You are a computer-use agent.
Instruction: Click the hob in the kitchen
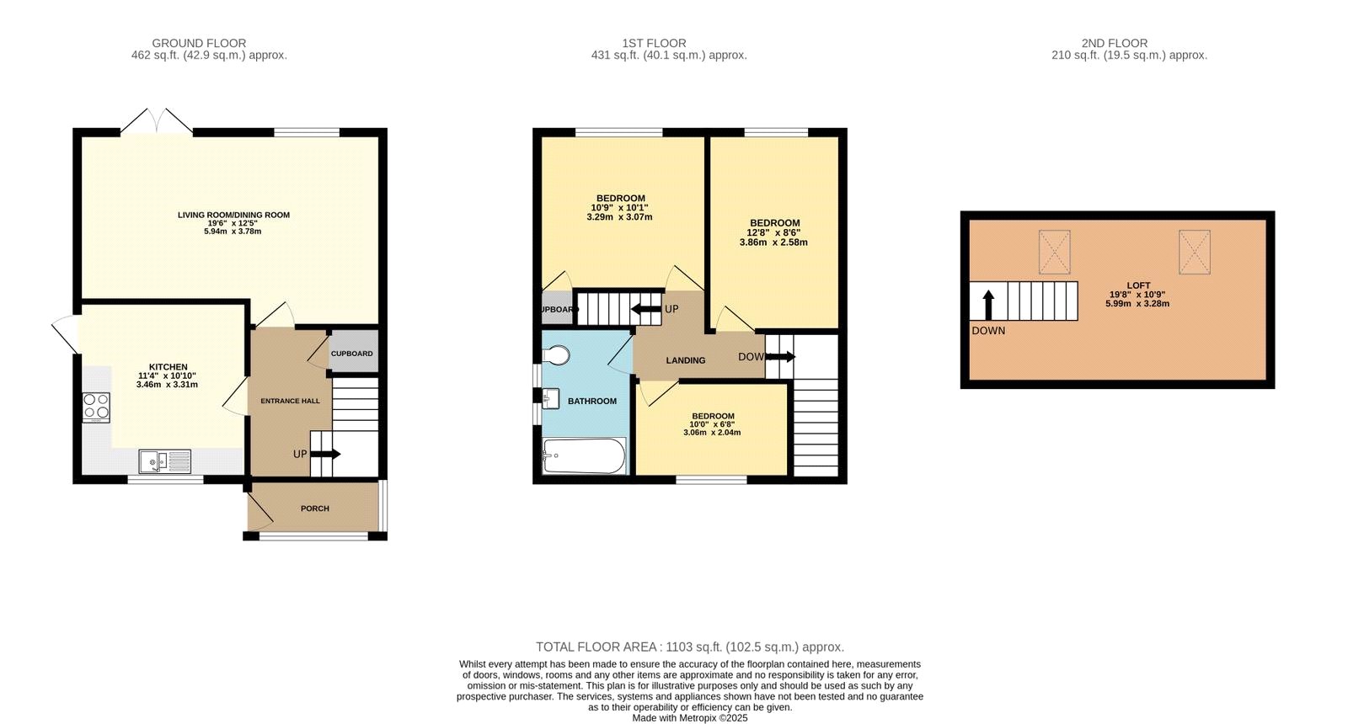(x=96, y=407)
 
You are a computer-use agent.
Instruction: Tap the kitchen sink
(x=164, y=460)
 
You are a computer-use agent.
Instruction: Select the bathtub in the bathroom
(x=584, y=456)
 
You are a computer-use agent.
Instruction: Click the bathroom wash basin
(x=550, y=397)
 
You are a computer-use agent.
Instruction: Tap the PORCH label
(x=315, y=508)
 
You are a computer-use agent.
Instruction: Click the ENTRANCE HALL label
(x=290, y=401)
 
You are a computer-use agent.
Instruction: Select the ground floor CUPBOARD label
(x=351, y=354)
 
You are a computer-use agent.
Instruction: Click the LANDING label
(x=686, y=360)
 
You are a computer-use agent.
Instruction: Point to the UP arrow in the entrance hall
(x=324, y=454)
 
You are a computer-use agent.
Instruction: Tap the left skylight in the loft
(x=1054, y=252)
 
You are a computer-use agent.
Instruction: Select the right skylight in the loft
(x=1194, y=252)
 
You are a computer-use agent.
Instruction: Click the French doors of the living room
(x=157, y=121)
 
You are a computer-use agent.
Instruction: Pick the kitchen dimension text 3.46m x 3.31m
(x=167, y=385)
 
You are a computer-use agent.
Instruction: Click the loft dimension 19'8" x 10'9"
(x=1137, y=295)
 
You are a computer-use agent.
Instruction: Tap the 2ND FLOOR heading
(x=1114, y=43)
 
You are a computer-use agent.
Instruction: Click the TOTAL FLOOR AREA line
(x=689, y=647)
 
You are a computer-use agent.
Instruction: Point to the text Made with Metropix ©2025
(x=689, y=718)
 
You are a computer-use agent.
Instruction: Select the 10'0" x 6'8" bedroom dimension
(x=712, y=424)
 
